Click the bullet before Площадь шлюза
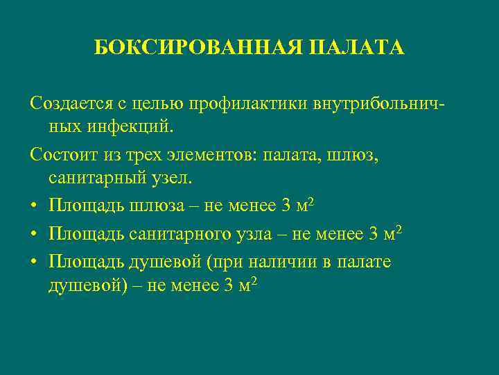tap(34, 206)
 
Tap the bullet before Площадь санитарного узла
tap(34, 235)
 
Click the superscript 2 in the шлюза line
tap(312, 201)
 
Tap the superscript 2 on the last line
tap(256, 280)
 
